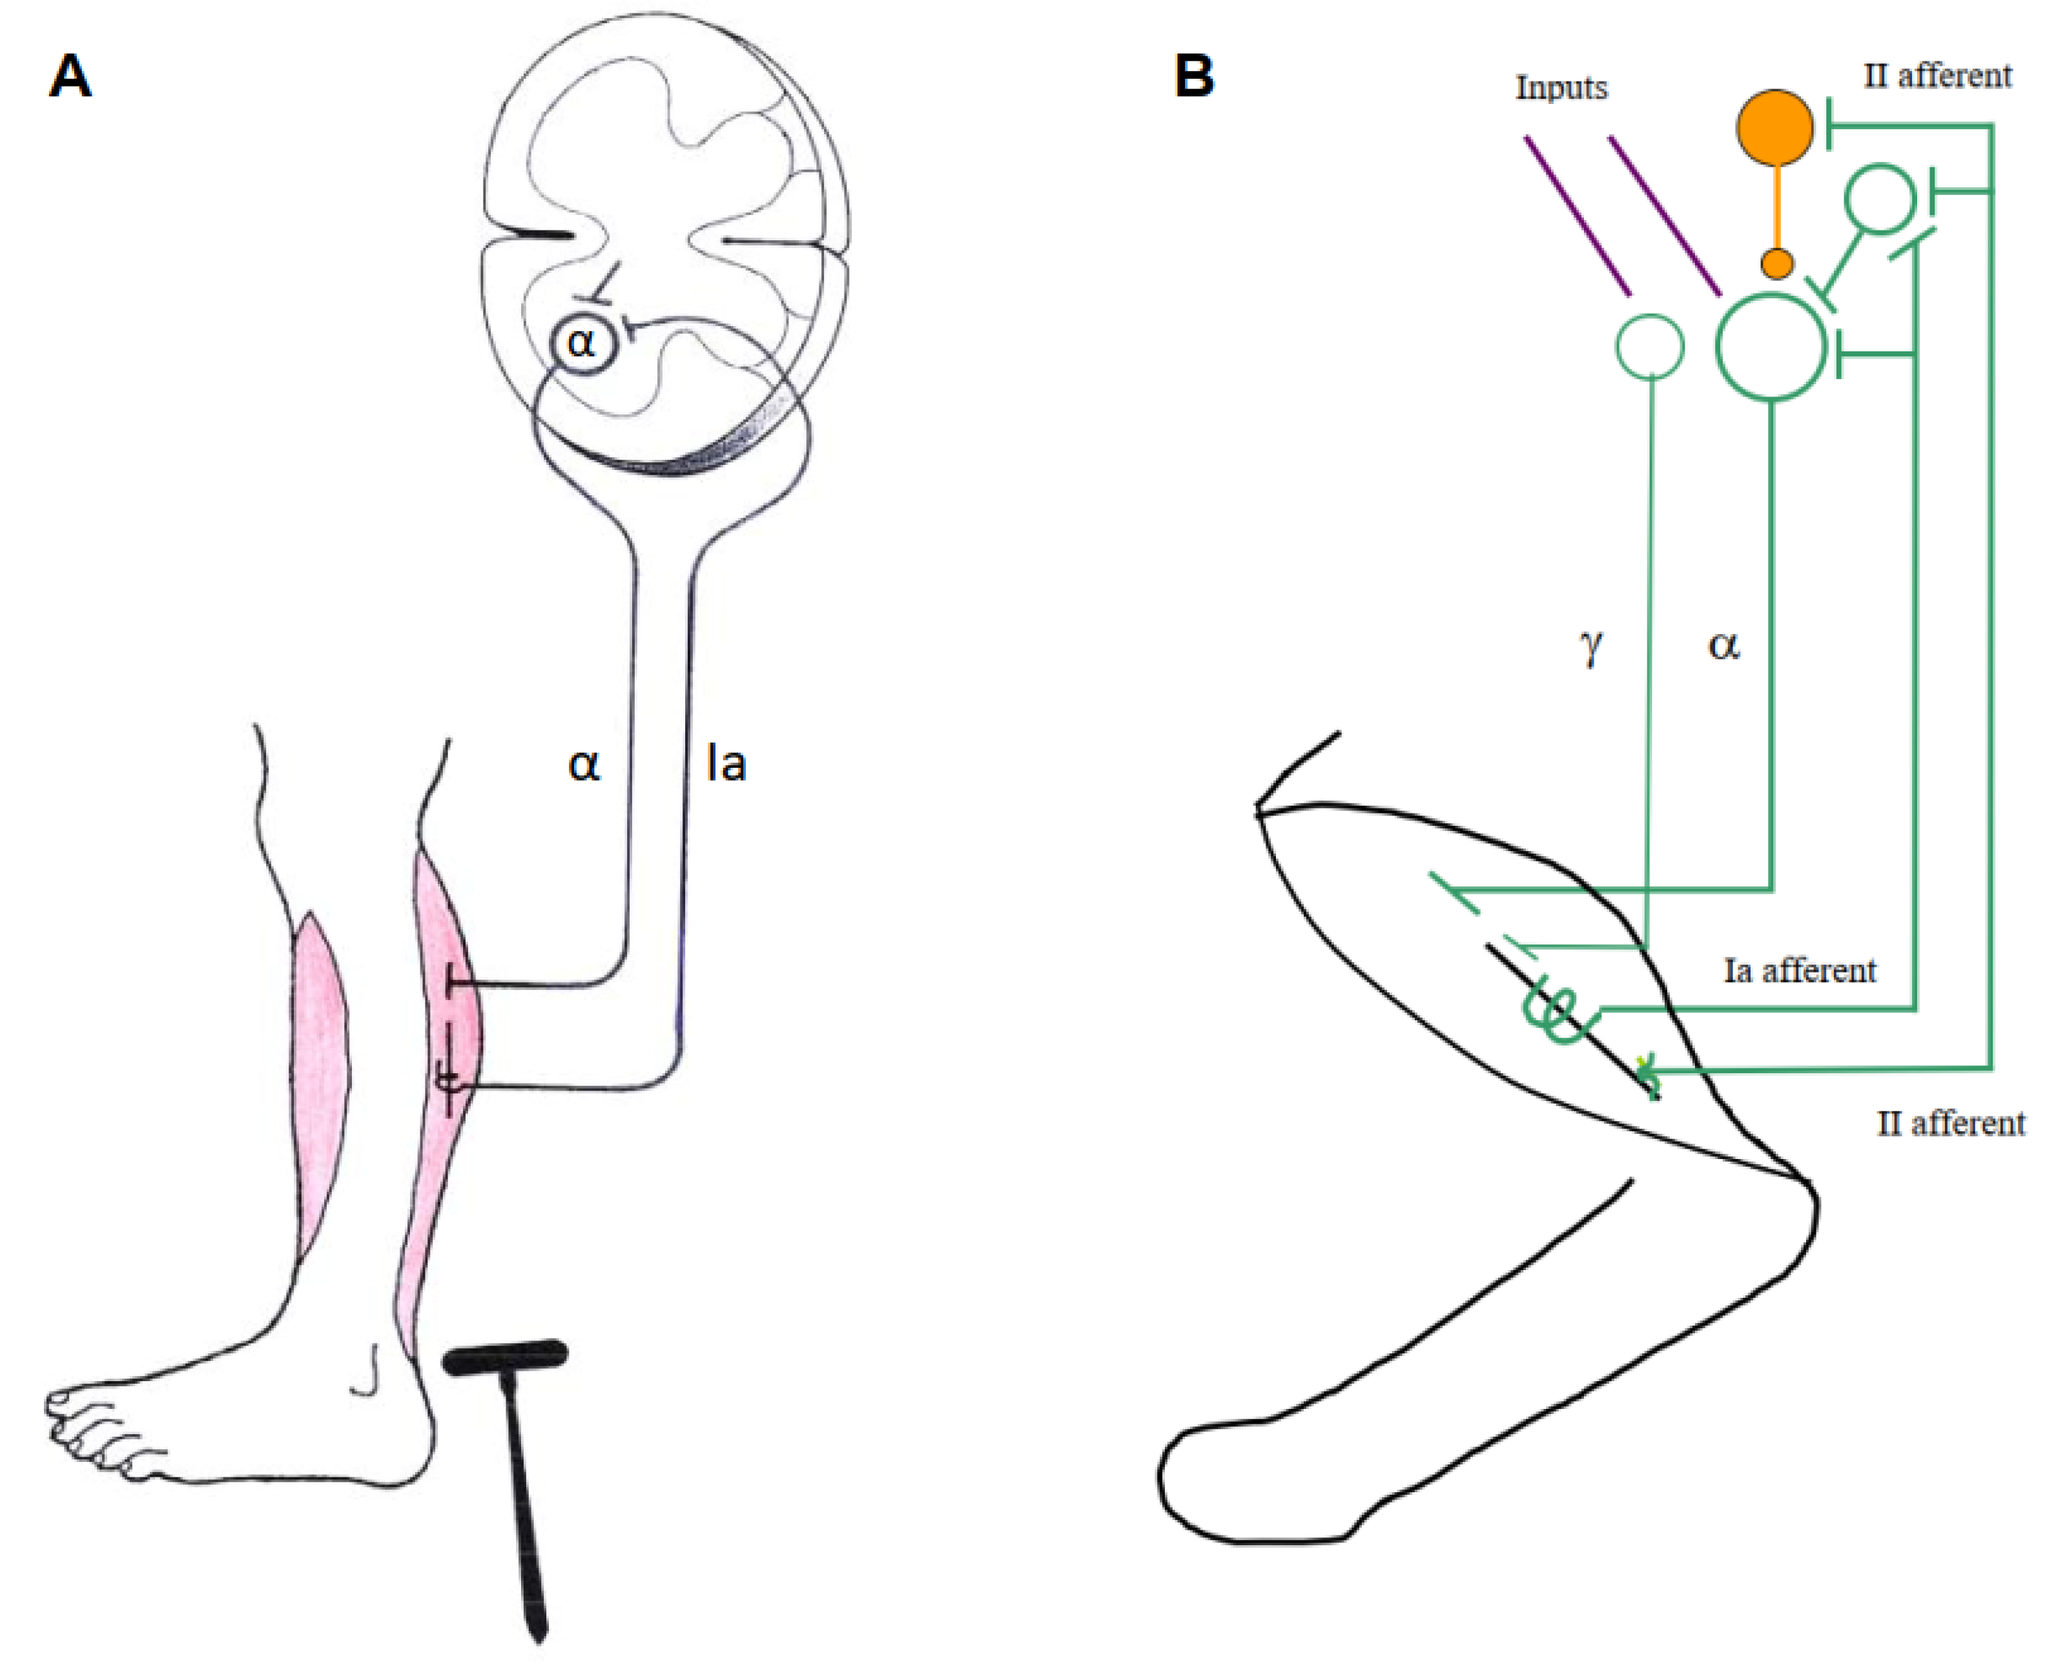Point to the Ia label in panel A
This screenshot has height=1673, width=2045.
click(x=726, y=765)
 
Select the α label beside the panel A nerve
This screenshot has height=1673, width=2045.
click(x=584, y=765)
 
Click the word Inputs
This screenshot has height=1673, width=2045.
click(x=1561, y=88)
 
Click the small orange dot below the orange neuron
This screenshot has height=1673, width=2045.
click(x=1776, y=263)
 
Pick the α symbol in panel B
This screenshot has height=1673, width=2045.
click(x=1723, y=644)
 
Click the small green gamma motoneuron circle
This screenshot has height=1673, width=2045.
click(x=1650, y=346)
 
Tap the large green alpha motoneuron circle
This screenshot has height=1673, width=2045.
click(x=1771, y=347)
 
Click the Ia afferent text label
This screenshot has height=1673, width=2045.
click(x=1799, y=970)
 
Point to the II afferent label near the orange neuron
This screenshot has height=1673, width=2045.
click(x=1937, y=76)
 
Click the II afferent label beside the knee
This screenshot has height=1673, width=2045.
click(x=1951, y=1124)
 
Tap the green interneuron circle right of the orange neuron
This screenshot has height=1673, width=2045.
click(x=1879, y=198)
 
